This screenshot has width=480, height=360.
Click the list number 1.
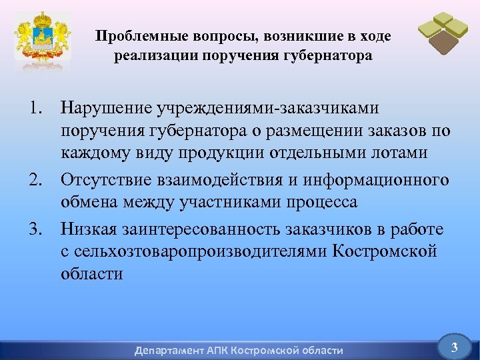(x=36, y=108)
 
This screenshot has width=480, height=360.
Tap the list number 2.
(x=36, y=181)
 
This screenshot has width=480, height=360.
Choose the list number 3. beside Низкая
(x=36, y=230)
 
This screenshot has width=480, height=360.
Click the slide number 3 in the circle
(x=454, y=346)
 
